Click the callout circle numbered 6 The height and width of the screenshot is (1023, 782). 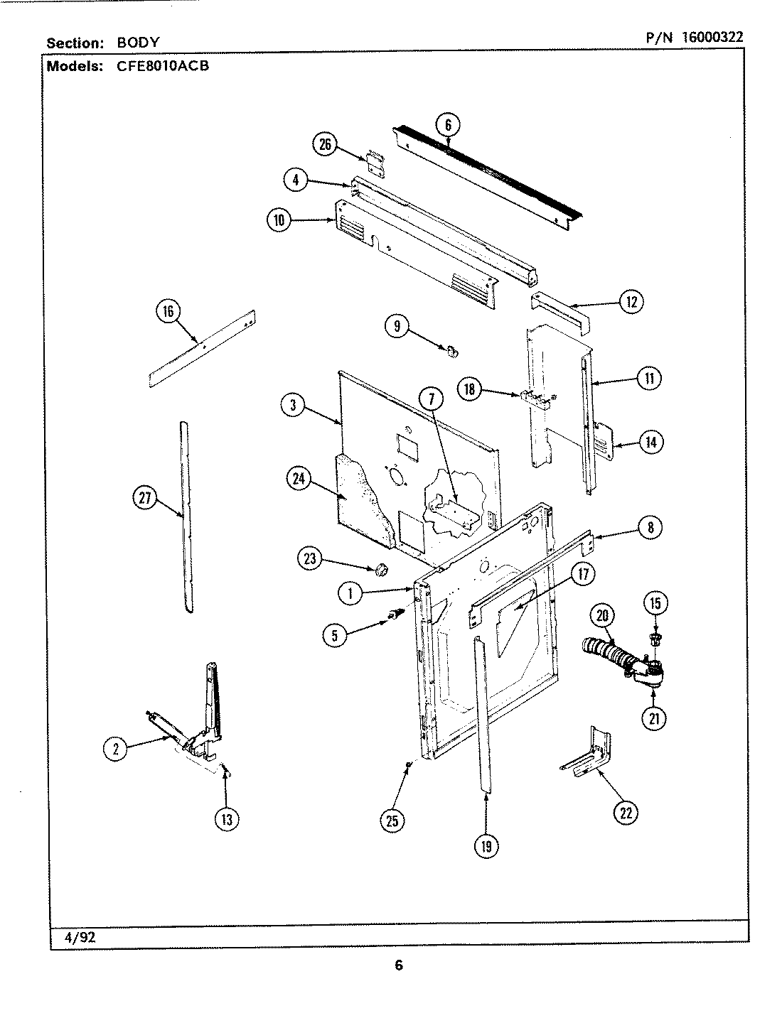[448, 125]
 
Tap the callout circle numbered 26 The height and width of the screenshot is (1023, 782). [324, 145]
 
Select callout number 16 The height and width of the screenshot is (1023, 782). [168, 312]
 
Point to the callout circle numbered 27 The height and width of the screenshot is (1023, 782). [146, 498]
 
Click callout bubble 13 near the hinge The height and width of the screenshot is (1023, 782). [226, 819]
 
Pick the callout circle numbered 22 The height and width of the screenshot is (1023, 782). [626, 813]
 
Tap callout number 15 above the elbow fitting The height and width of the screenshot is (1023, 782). [655, 603]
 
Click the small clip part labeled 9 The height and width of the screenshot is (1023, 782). [449, 350]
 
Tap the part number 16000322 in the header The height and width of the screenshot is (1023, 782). [712, 37]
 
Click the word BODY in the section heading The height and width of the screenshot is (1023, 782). [138, 43]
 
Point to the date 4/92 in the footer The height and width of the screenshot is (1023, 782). [80, 936]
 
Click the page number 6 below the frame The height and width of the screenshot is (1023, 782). [399, 965]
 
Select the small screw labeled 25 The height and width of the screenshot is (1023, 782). [407, 764]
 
